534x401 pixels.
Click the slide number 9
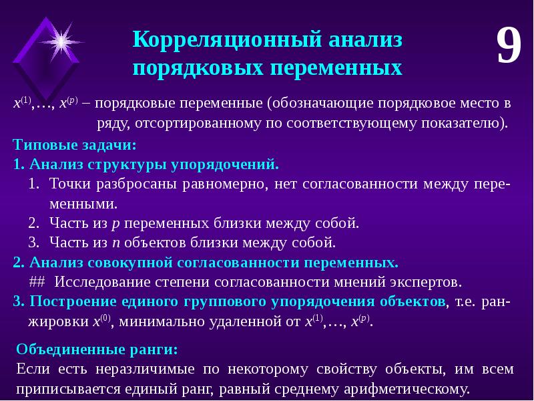click(507, 47)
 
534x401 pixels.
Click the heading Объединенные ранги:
click(96, 350)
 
